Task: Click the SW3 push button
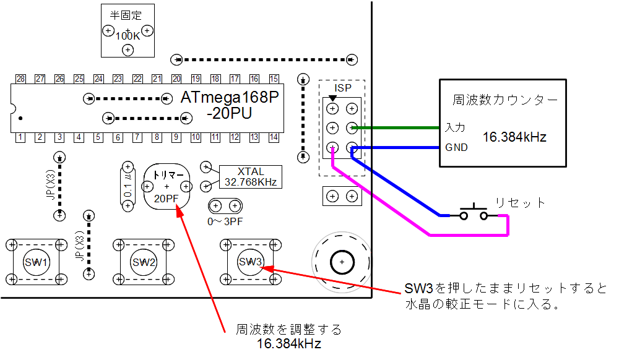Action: [251, 262]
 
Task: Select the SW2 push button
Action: [144, 262]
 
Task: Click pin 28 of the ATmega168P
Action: [21, 79]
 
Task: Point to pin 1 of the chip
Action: [21, 137]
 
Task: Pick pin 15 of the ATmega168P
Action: [274, 79]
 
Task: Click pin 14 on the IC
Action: [274, 137]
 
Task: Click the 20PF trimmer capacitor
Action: [166, 186]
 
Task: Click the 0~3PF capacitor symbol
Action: [224, 205]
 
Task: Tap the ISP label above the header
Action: [342, 88]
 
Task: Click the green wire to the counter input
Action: [396, 128]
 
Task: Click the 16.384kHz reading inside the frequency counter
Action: [514, 137]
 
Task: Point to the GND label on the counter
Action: [456, 148]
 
